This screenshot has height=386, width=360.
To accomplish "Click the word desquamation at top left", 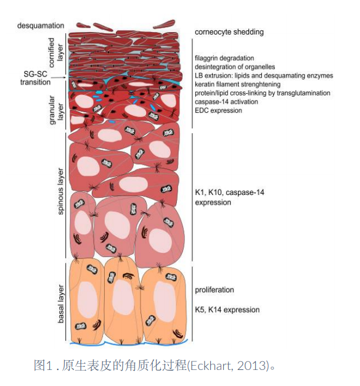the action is coord(41,26).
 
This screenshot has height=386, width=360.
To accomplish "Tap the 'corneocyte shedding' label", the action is coord(229,32).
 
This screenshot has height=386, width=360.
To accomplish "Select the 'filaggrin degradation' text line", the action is coord(224,58).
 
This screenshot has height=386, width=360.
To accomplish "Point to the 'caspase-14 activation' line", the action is coord(226,102).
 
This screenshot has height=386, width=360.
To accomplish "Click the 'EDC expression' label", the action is coord(218,110).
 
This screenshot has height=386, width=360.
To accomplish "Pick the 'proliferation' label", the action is coord(215,290).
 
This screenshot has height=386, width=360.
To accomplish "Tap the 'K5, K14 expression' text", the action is coord(227,310).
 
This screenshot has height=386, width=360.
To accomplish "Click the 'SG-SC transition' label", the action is coord(35,78).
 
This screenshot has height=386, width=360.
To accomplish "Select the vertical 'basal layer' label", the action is coord(60,304).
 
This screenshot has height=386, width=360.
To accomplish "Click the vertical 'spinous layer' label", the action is coord(60,191).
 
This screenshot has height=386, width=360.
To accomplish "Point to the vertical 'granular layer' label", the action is coord(56,110).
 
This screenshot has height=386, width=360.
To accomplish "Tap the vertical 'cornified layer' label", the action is coord(55,52).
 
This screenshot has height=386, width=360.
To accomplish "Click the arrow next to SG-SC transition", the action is coord(59,78).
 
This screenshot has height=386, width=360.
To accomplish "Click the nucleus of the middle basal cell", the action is coord(123,297).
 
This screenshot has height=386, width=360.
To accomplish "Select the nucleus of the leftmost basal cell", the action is coord(88,300).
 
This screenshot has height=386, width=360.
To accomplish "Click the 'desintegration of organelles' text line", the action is coord(235,67).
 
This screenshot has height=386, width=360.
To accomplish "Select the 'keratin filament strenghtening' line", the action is coord(238,84).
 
